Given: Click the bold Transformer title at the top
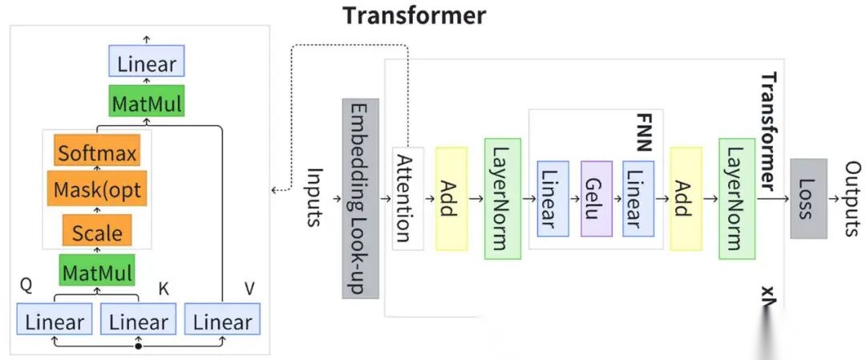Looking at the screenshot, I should tap(414, 14).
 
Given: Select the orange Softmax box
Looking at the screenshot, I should tap(98, 152).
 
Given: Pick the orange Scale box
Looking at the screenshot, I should tap(97, 233).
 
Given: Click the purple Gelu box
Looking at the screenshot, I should tap(597, 198).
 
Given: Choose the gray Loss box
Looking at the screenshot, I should tap(807, 198).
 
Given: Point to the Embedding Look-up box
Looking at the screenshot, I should tap(360, 198).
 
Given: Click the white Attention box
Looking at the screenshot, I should tap(407, 198).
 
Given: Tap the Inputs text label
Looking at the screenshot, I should tap(314, 196).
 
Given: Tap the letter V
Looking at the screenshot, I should tap(249, 288).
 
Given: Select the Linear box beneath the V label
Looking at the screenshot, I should tap(222, 322).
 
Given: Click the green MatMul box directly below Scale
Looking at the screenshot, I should tap(97, 273).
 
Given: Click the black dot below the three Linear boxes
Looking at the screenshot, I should tap(139, 347).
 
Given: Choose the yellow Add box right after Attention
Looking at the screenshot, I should tap(451, 198).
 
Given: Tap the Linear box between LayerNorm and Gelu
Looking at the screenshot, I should tap(552, 198).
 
